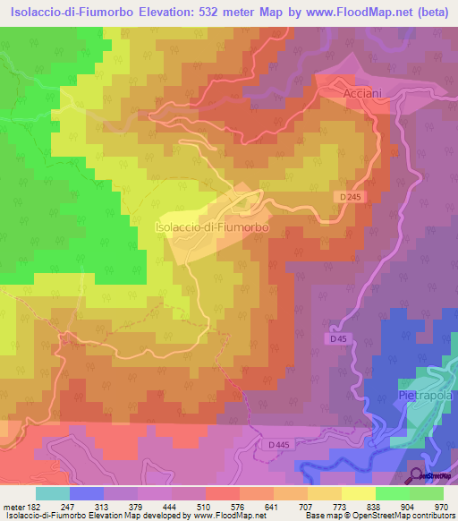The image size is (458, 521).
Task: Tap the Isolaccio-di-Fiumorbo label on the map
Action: pos(213,227)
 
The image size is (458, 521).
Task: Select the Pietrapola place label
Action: pos(423,395)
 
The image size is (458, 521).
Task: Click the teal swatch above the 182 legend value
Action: pos(53,493)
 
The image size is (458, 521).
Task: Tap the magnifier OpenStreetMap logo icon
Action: pos(418,475)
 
